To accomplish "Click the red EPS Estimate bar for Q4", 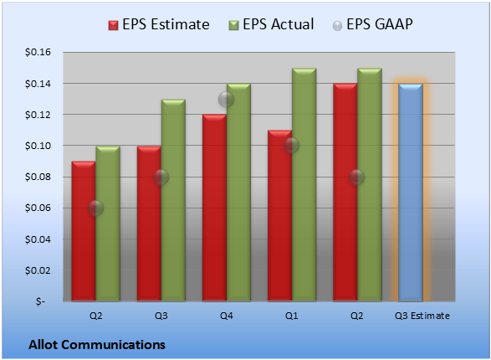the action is click(214, 208).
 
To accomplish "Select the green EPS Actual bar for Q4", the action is click(238, 193).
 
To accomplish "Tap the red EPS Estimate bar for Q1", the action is click(279, 215).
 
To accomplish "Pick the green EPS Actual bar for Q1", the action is click(304, 184).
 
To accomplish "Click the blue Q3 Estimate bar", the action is click(411, 193).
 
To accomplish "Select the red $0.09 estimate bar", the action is click(84, 231).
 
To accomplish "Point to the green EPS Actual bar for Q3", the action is click(173, 200).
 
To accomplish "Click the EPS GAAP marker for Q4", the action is click(226, 100).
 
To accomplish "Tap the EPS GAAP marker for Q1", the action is click(292, 146).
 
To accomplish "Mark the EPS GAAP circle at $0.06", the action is click(95, 208).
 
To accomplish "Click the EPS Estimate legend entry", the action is click(159, 24).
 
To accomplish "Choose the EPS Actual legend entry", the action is click(271, 24).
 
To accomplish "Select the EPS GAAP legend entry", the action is click(372, 24).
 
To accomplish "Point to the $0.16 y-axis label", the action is click(38, 52).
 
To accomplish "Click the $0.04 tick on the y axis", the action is click(38, 239).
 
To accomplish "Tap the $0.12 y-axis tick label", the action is click(38, 115).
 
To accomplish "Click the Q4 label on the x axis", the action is click(227, 316).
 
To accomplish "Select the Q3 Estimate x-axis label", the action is click(422, 316).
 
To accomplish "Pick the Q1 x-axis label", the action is click(292, 316).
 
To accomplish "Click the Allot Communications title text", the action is click(97, 345).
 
